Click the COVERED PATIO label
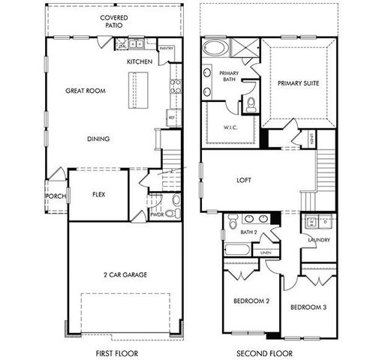click(x=116, y=19)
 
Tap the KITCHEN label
click(x=140, y=61)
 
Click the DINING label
click(x=98, y=139)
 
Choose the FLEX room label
click(x=98, y=194)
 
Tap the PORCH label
click(x=56, y=196)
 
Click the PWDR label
click(x=157, y=214)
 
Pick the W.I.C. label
click(x=230, y=127)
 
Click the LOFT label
click(x=244, y=180)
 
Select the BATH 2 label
click(x=248, y=232)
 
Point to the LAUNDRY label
click(x=319, y=240)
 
